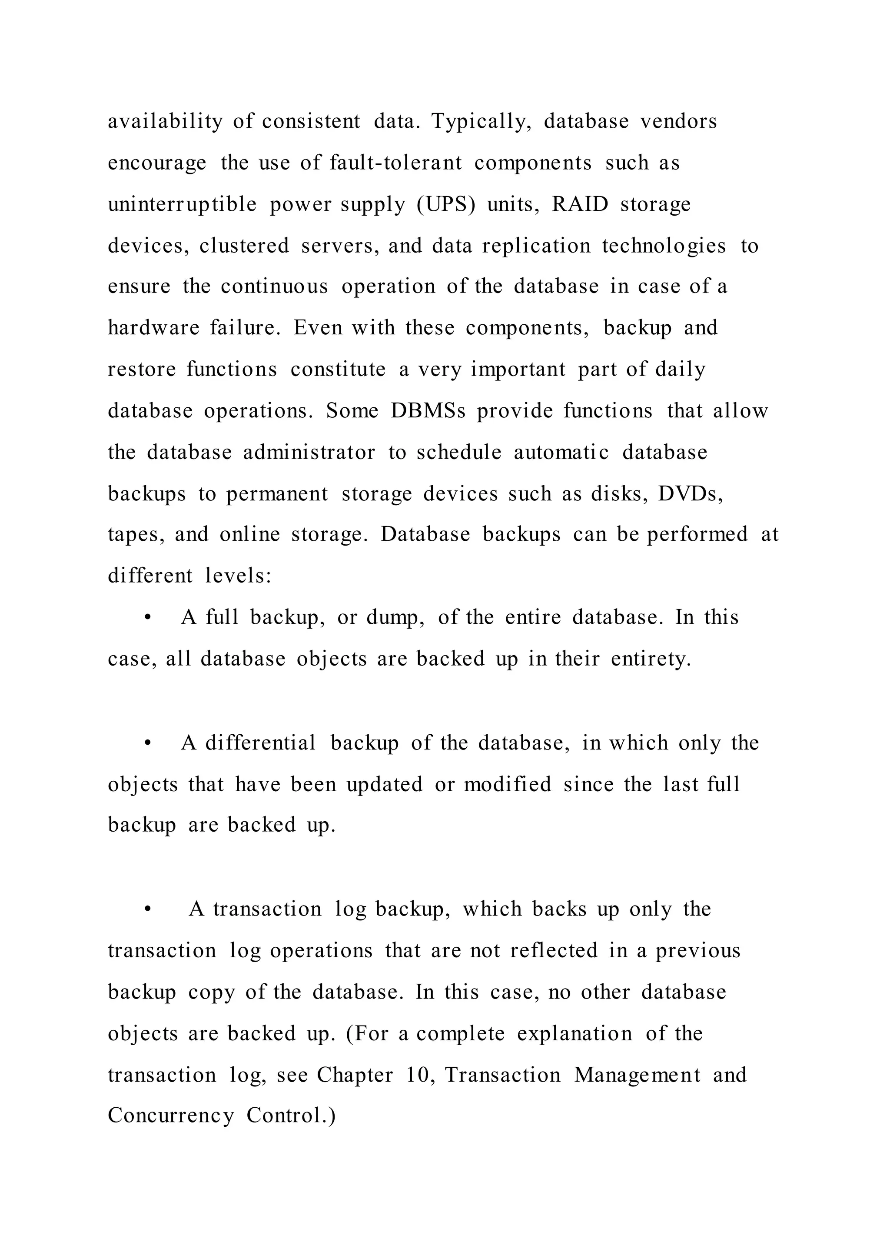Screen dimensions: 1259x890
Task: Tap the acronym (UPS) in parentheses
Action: (445, 204)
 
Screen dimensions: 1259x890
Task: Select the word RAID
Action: (580, 204)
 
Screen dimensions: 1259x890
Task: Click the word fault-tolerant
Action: (396, 163)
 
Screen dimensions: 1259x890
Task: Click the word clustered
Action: (244, 246)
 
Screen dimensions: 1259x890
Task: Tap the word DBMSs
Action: (428, 411)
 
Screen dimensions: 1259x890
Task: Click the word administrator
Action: (309, 453)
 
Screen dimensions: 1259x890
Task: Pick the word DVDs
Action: (691, 493)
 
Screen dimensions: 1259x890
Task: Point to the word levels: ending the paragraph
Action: (239, 576)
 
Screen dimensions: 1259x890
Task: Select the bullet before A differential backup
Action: (147, 743)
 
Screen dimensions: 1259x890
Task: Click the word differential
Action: (260, 743)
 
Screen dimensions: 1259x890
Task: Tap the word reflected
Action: (554, 950)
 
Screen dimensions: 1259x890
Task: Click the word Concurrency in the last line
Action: (170, 1116)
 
